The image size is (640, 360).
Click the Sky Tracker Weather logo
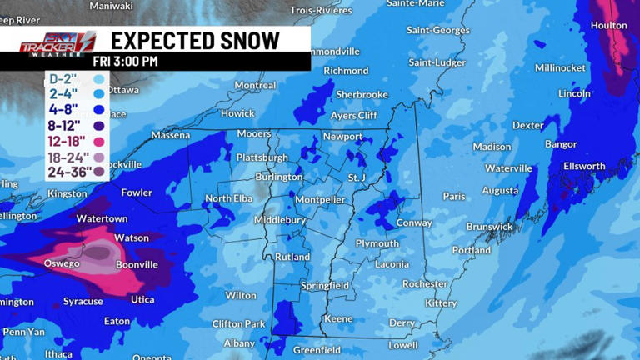[57, 42]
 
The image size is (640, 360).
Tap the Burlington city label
[279, 177]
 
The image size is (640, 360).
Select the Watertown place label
[102, 218]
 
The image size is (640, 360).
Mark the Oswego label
[61, 263]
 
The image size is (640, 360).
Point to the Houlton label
[608, 25]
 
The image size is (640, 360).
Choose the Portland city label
[472, 250]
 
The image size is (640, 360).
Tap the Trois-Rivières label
[322, 10]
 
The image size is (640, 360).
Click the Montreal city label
[255, 85]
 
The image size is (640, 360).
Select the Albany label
[239, 342]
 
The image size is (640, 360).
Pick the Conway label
[414, 222]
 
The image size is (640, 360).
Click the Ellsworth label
[583, 166]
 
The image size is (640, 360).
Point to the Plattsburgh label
[262, 157]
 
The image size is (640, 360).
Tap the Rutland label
[293, 257]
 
